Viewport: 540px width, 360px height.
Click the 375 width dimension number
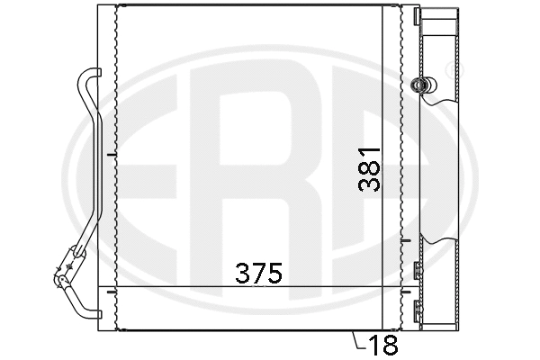pyautogui.click(x=259, y=272)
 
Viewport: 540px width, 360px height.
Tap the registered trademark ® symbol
pyautogui.click(x=449, y=68)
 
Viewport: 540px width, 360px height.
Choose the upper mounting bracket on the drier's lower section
pyautogui.click(x=417, y=268)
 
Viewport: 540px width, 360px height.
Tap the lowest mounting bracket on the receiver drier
pyautogui.click(x=417, y=309)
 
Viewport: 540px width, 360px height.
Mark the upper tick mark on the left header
pyautogui.click(x=109, y=156)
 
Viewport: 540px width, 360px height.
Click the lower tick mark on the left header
pyautogui.click(x=109, y=290)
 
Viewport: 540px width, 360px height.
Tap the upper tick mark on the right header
pyautogui.click(x=406, y=241)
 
